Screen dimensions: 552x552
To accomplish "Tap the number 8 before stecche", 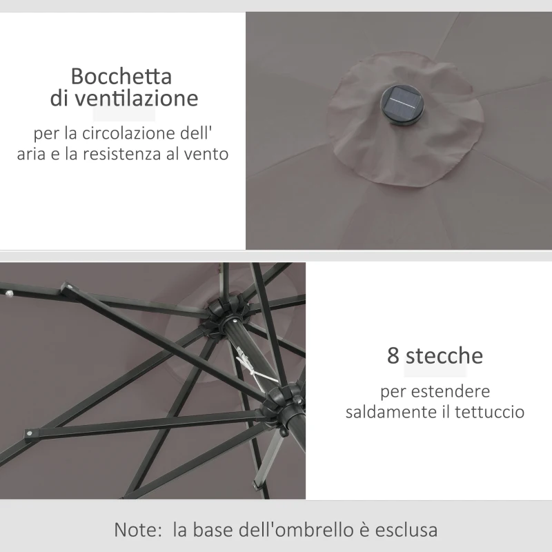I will coord(393,356).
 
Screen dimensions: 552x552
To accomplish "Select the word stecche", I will coord(444,356).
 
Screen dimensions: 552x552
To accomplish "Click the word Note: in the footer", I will coord(138,531).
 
